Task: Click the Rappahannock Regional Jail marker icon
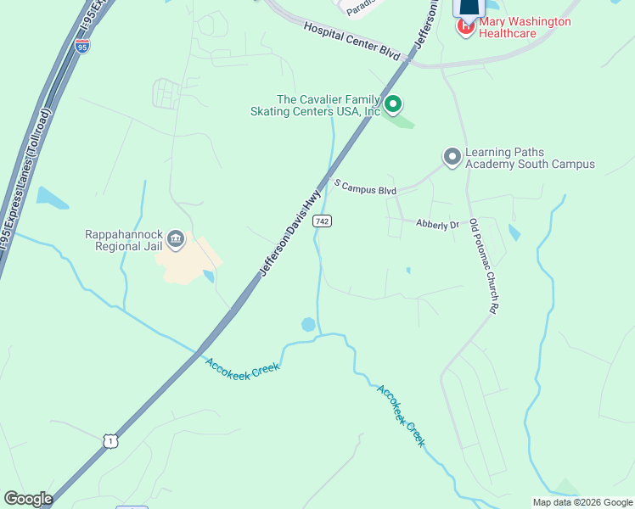(x=176, y=240)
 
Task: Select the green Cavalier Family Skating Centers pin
(x=393, y=104)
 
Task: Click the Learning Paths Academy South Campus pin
(x=452, y=156)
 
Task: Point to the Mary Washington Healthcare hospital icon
(x=465, y=27)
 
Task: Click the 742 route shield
(x=322, y=221)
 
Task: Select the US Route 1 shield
(x=109, y=439)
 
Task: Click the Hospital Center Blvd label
(x=351, y=41)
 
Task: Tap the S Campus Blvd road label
(x=365, y=186)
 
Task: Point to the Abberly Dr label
(x=437, y=224)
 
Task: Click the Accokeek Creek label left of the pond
(x=242, y=369)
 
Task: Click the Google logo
(x=28, y=499)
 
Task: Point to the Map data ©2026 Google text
(x=582, y=502)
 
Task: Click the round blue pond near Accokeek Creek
(x=308, y=325)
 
